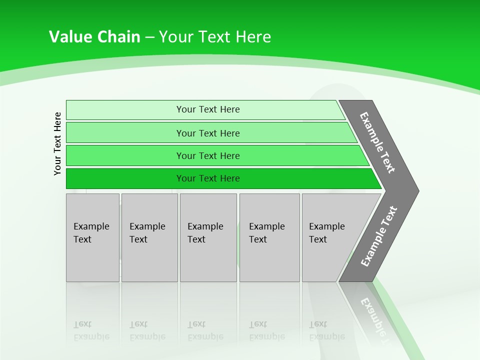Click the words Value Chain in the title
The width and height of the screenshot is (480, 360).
click(x=94, y=36)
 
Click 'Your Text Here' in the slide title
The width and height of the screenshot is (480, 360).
click(x=215, y=36)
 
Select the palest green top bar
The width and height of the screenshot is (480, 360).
click(x=125, y=110)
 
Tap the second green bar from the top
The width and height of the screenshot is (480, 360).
click(x=125, y=133)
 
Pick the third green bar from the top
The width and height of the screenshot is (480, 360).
click(x=125, y=155)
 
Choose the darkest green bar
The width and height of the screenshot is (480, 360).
click(x=125, y=178)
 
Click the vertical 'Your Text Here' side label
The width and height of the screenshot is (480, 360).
click(x=57, y=143)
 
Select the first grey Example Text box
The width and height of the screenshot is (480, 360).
click(x=92, y=237)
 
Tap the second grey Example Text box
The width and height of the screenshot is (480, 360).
click(x=149, y=237)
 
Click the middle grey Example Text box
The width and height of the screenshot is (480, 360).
click(x=208, y=237)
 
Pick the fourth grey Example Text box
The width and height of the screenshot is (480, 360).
click(x=269, y=237)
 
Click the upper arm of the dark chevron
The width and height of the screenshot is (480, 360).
click(x=378, y=142)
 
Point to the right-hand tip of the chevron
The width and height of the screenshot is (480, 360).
click(x=416, y=190)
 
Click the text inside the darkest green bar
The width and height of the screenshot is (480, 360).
click(x=208, y=178)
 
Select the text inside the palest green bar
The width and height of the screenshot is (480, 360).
click(x=208, y=109)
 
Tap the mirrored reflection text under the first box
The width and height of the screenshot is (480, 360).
click(x=91, y=330)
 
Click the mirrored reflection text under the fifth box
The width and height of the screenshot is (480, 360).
click(x=326, y=330)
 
